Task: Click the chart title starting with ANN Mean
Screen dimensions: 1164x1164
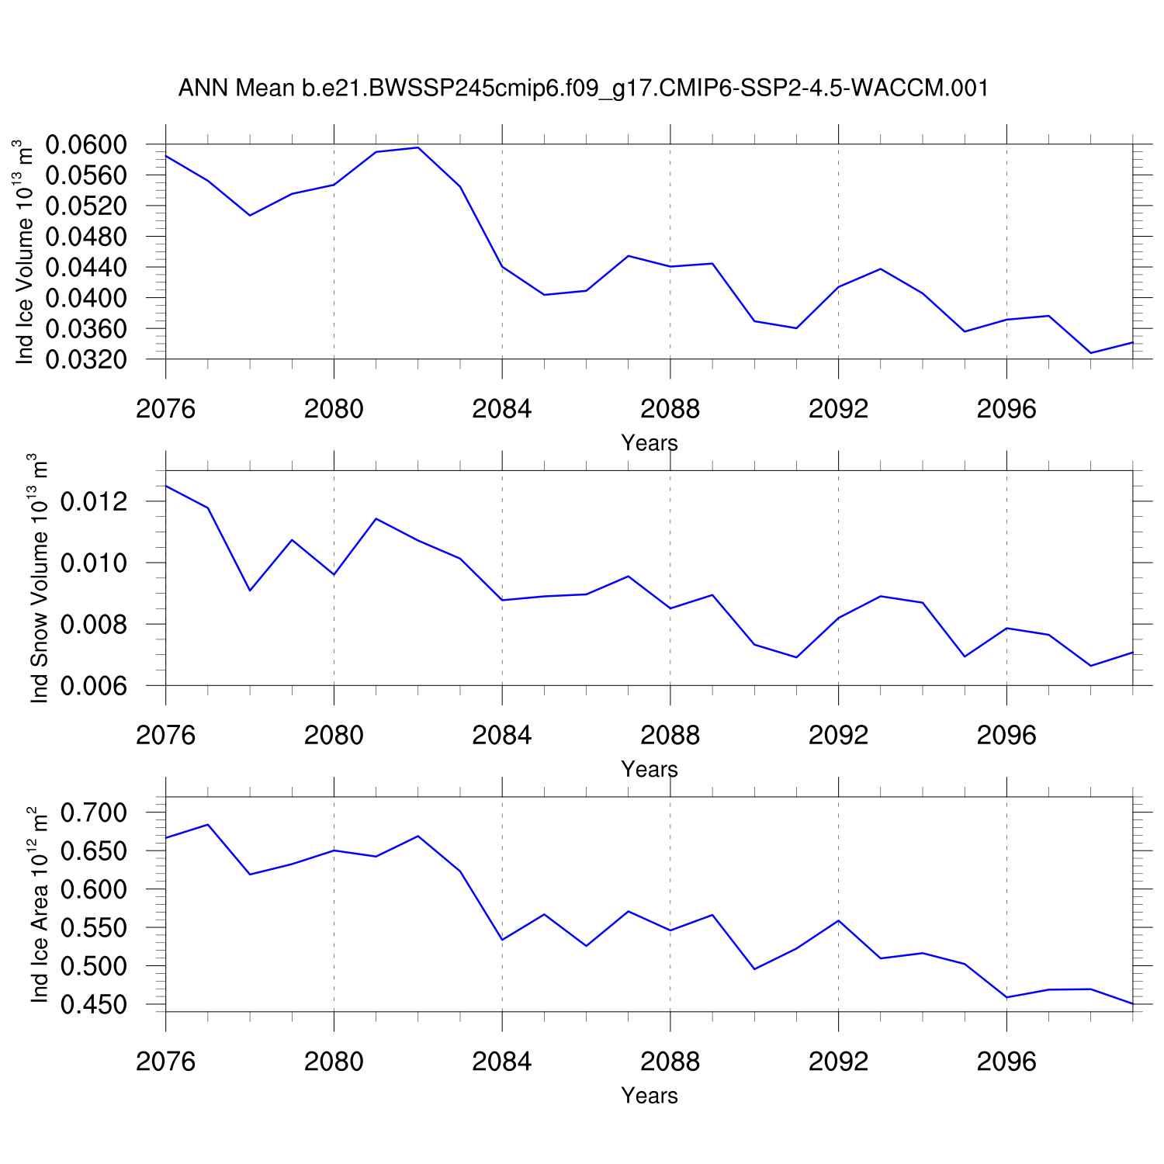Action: click(x=584, y=88)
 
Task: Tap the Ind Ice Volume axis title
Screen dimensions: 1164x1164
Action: click(x=25, y=252)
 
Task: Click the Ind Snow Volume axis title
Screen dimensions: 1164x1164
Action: click(x=39, y=578)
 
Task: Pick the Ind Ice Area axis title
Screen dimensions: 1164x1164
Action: click(x=39, y=904)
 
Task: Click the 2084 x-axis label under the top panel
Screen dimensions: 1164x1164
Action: click(x=502, y=409)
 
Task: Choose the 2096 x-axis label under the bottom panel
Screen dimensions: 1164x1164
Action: click(x=1006, y=1062)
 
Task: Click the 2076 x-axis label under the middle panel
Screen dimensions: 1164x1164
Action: click(x=166, y=735)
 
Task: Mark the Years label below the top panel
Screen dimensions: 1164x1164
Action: click(x=650, y=443)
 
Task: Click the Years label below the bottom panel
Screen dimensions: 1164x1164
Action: click(x=650, y=1096)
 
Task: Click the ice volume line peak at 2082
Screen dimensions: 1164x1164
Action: click(x=418, y=147)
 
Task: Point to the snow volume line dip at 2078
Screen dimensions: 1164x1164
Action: click(x=250, y=591)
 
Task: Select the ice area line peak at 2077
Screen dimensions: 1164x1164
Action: click(x=208, y=825)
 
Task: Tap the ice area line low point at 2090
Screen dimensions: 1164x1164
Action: click(x=754, y=968)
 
